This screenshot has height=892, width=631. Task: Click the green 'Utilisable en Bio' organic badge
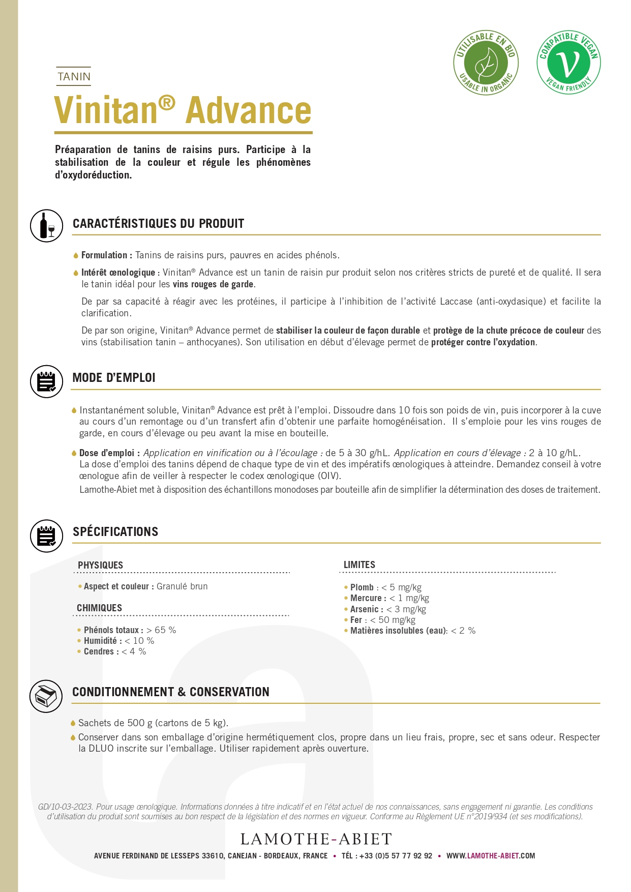click(x=486, y=63)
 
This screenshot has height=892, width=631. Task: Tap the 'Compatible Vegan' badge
click(x=568, y=63)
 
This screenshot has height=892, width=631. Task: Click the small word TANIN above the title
click(x=74, y=77)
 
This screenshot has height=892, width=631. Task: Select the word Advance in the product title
click(x=249, y=110)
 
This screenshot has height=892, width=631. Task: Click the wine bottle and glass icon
click(x=46, y=225)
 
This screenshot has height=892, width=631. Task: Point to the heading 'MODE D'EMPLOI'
click(x=114, y=378)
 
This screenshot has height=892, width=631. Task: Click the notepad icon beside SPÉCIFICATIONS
click(x=46, y=536)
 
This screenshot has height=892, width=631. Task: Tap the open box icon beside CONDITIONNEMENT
click(x=46, y=696)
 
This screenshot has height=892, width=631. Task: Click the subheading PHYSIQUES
click(x=100, y=565)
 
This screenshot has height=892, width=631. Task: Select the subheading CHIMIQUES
click(x=99, y=608)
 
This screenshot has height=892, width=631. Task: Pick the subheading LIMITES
click(x=359, y=565)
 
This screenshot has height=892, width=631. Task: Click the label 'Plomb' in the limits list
click(x=362, y=587)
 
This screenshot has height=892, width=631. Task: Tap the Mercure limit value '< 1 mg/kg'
click(x=409, y=598)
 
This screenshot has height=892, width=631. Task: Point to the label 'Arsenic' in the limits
click(x=364, y=609)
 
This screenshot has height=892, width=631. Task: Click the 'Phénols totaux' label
click(x=111, y=630)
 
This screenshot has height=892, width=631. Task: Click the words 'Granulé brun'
click(x=182, y=586)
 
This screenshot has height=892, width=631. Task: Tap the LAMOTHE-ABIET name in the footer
click(x=316, y=839)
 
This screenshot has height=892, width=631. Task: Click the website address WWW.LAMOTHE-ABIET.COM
click(x=491, y=856)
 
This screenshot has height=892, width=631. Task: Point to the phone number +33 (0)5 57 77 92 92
click(x=396, y=856)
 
